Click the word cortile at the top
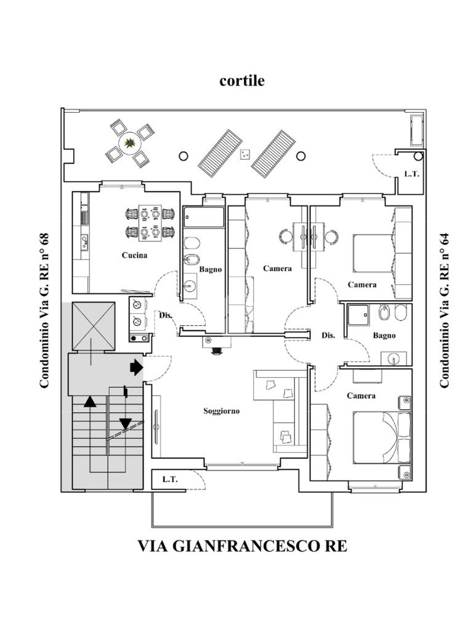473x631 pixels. click(x=241, y=81)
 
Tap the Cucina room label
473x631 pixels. click(x=134, y=255)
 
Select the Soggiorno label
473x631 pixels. click(x=221, y=411)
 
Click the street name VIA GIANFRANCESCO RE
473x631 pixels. click(x=242, y=546)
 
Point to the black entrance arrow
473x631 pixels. click(x=137, y=367)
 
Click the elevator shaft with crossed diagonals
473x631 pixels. click(x=94, y=327)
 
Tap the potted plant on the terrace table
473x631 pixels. click(x=130, y=142)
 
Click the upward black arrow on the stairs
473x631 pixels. click(x=90, y=402)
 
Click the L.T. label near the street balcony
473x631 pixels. click(x=170, y=479)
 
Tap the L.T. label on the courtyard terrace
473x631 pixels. click(x=411, y=174)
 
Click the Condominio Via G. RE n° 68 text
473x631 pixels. click(x=44, y=311)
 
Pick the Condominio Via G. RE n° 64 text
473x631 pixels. click(x=444, y=311)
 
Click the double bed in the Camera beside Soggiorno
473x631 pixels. click(x=382, y=438)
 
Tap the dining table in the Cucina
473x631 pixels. click(x=150, y=223)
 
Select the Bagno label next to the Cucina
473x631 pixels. click(x=211, y=270)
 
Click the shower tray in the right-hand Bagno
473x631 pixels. click(x=358, y=317)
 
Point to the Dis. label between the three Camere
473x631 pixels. click(x=328, y=335)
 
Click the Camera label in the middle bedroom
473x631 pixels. click(x=277, y=269)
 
